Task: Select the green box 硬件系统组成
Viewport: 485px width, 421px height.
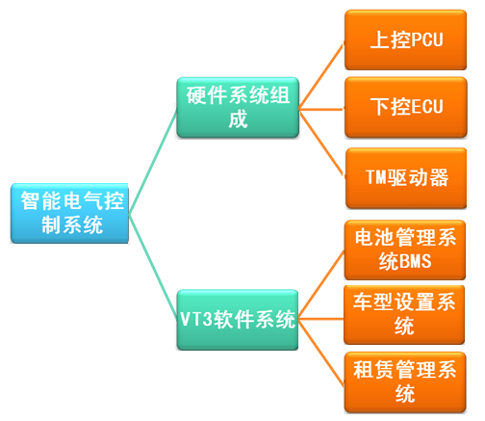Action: (x=239, y=106)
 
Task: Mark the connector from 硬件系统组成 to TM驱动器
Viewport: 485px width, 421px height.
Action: (x=321, y=142)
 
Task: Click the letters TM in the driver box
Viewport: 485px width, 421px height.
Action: (x=376, y=177)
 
